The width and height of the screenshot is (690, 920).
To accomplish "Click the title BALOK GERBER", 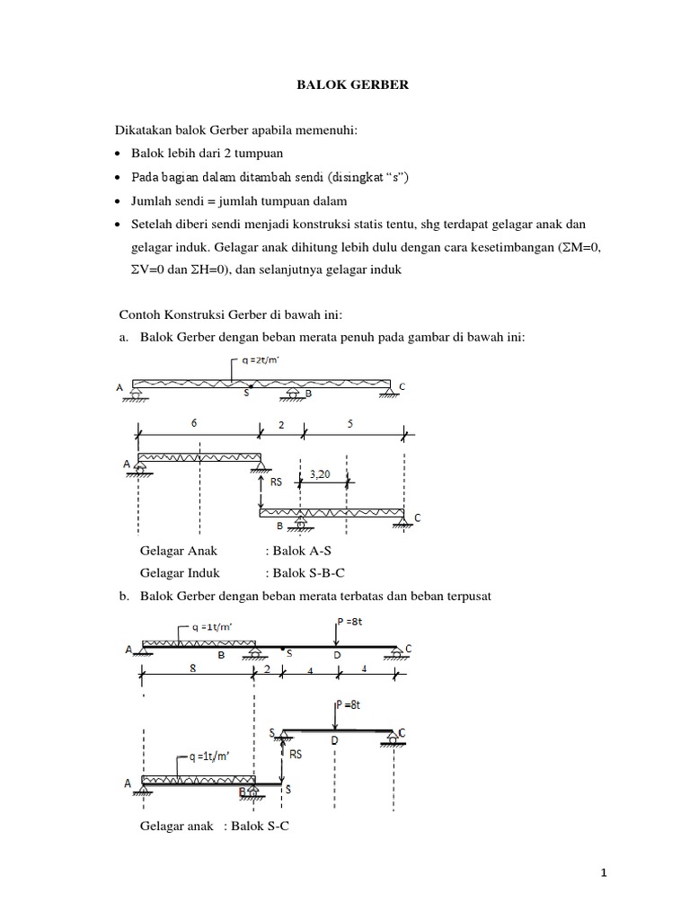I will click(345, 85).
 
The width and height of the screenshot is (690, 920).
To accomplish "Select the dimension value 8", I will click(193, 668).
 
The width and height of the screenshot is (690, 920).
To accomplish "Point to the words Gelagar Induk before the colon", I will click(180, 572).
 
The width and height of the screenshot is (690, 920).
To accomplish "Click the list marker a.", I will click(124, 337).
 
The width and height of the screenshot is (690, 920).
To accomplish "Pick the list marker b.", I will click(124, 596).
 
